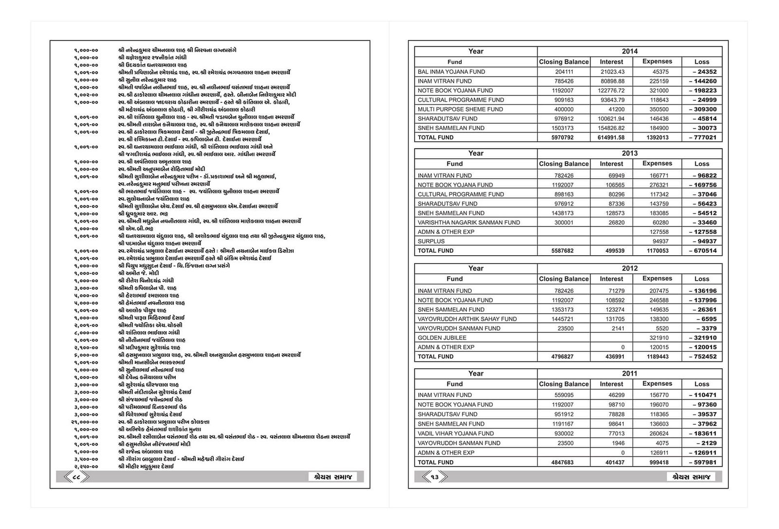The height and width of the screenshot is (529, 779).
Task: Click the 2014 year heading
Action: (630, 51)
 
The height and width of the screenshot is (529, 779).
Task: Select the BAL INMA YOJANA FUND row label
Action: (451, 72)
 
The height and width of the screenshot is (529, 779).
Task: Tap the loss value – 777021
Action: (703, 137)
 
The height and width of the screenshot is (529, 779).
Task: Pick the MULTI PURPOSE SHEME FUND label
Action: (460, 109)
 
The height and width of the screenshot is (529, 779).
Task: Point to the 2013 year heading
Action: (630, 153)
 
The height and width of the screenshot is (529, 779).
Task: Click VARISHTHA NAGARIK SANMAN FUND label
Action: (468, 222)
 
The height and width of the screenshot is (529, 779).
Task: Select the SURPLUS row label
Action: (431, 241)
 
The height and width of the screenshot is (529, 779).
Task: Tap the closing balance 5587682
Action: (563, 251)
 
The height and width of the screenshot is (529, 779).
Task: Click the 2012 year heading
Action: (630, 268)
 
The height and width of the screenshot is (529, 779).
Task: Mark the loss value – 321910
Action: (703, 338)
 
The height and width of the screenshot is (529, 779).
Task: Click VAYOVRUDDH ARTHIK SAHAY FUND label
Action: (467, 319)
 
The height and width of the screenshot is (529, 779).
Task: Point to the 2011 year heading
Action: (630, 374)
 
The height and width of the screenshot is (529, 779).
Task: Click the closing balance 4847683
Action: (563, 462)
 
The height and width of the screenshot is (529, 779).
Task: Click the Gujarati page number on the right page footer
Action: (434, 477)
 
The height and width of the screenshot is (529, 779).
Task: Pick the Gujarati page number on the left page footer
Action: (76, 477)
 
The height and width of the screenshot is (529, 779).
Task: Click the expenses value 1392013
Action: (657, 137)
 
